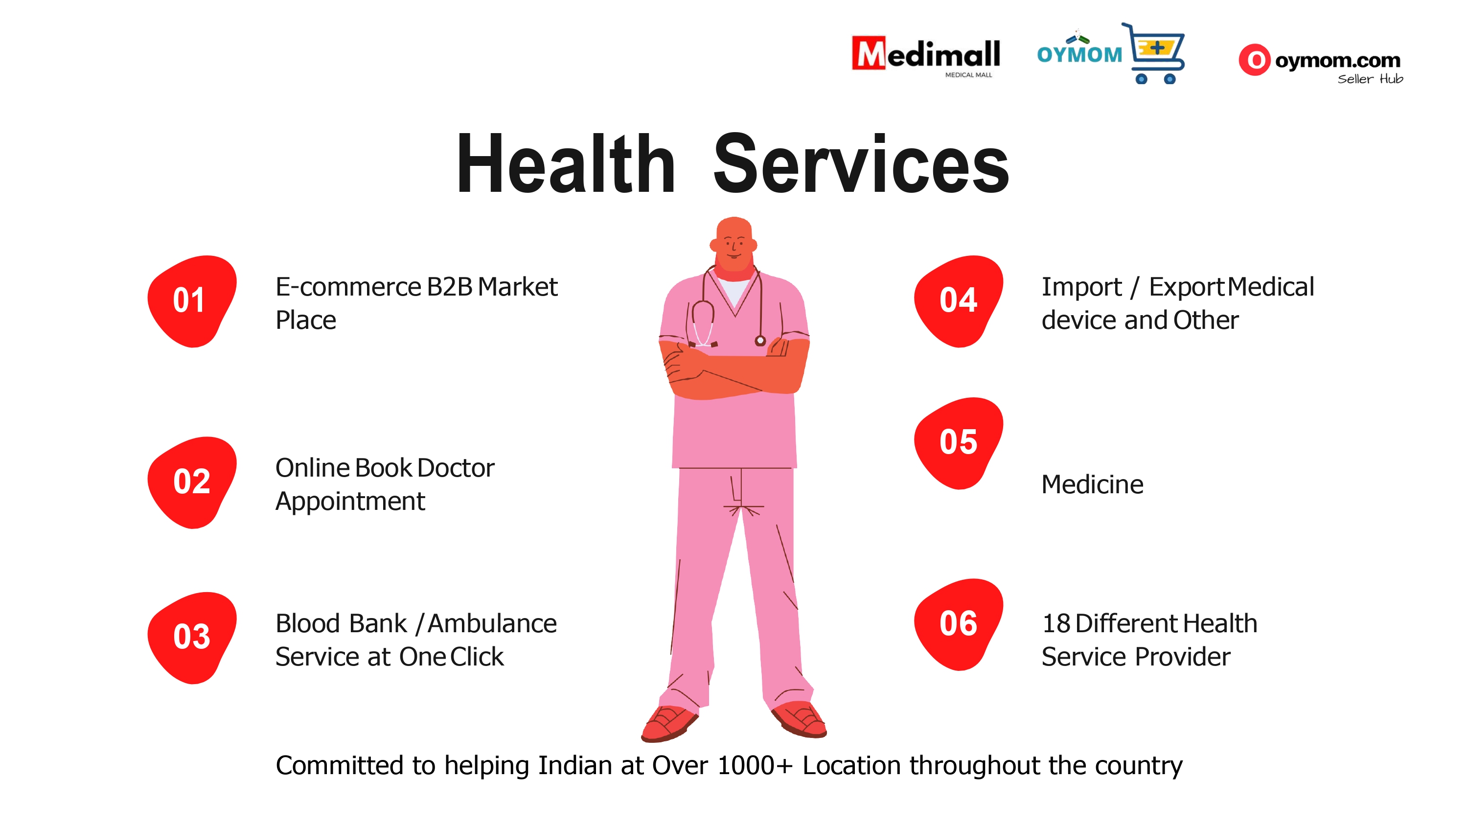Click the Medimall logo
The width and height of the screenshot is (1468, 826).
(x=925, y=56)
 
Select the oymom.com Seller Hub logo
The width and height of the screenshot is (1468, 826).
(x=1320, y=64)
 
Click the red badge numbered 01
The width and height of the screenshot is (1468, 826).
(x=192, y=301)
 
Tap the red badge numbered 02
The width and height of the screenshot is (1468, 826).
(x=192, y=482)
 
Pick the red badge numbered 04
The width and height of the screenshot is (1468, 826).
(x=959, y=301)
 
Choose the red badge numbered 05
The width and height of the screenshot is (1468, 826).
(x=959, y=443)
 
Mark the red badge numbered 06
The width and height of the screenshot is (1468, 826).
(x=959, y=624)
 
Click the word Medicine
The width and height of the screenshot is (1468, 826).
(x=1092, y=484)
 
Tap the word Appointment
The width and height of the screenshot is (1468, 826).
(x=350, y=502)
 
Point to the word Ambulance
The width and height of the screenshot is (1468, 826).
(x=492, y=623)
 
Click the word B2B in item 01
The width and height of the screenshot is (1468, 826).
(x=450, y=287)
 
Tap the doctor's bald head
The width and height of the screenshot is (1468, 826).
(x=734, y=239)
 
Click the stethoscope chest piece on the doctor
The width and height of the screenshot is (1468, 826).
(x=760, y=341)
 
